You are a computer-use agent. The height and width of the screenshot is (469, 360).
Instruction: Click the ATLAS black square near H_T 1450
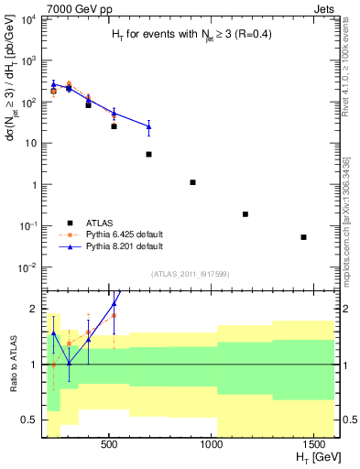pyautogui.click(x=303, y=237)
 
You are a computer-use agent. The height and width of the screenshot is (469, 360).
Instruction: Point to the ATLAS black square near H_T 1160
pyautogui.click(x=245, y=214)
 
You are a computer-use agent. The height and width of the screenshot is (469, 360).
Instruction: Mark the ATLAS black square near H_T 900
pyautogui.click(x=192, y=182)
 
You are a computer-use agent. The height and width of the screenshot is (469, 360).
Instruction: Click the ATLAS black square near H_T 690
pyautogui.click(x=148, y=154)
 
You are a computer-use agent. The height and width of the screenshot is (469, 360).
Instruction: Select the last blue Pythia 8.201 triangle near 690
pyautogui.click(x=148, y=126)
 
